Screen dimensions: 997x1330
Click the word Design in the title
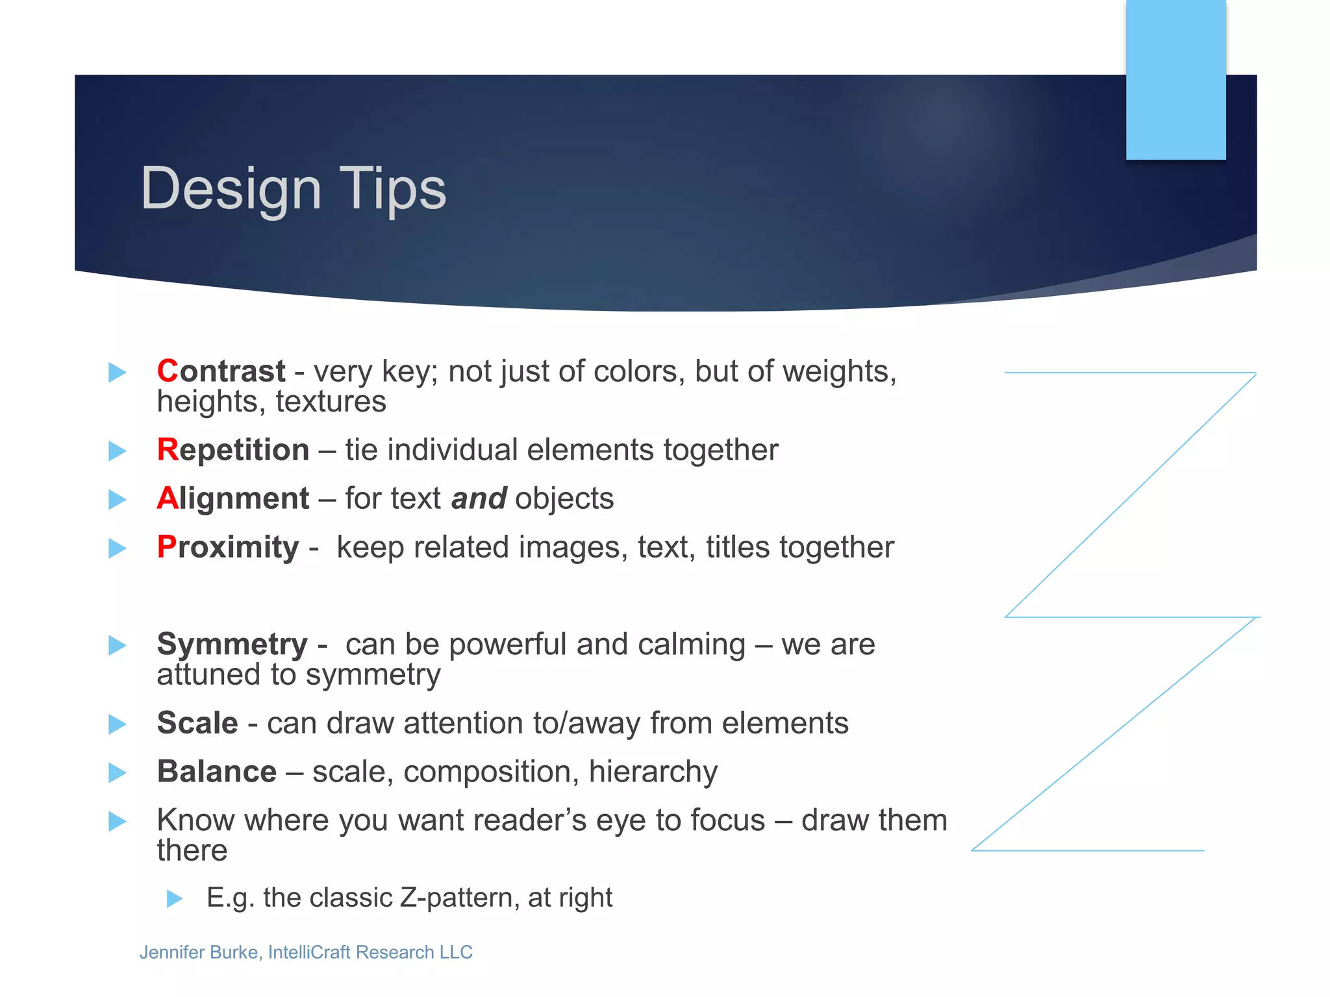231,190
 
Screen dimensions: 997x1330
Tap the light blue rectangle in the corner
1175,79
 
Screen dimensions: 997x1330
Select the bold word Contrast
221,371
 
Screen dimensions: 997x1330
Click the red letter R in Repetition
167,450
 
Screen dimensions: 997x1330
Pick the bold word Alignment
232,498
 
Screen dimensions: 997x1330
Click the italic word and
479,498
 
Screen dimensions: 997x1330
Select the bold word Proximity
227,547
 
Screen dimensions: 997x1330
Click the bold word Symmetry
232,645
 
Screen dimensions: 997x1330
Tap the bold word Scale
197,723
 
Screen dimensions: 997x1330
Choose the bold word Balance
217,772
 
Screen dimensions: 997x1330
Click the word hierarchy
653,772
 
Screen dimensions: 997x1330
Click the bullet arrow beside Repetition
117,450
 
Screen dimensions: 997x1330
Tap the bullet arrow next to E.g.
174,899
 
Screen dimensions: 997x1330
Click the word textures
331,401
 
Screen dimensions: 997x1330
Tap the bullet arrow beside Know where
117,822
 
